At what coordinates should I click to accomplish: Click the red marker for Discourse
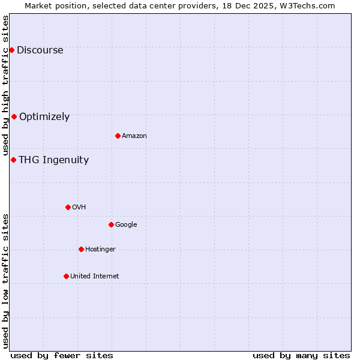tap(11, 50)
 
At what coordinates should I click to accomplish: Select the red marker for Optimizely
tap(14, 116)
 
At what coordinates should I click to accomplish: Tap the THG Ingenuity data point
tap(13, 160)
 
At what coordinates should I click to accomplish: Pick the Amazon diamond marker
tap(118, 136)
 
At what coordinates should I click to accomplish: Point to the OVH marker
tap(68, 207)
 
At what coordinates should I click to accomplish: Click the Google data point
tap(111, 224)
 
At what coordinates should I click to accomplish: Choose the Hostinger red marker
tap(81, 249)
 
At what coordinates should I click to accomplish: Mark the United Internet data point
tap(66, 276)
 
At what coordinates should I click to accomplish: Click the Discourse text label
tap(40, 50)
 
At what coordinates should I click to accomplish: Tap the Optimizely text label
tap(44, 117)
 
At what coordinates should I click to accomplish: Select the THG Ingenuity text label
tap(53, 160)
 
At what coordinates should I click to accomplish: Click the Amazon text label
tap(134, 136)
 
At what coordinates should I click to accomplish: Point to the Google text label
tap(126, 225)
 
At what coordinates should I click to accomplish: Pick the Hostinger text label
tap(100, 250)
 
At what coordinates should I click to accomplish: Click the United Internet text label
tap(95, 277)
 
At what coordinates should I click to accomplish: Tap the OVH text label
tap(79, 208)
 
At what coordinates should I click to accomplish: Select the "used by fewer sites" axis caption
tap(62, 356)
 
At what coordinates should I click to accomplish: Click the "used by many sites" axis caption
tap(301, 356)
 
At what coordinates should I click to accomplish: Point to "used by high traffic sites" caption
tap(5, 85)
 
